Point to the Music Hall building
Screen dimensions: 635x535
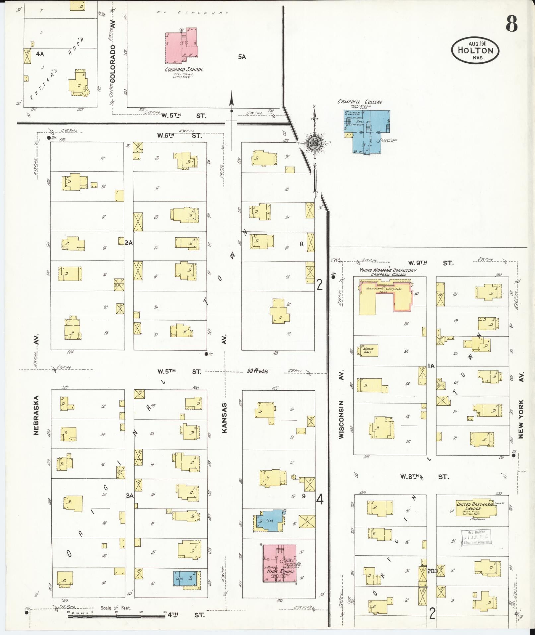point(368,351)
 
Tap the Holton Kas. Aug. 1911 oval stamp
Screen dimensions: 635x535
point(475,50)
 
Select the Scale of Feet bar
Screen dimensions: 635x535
point(116,616)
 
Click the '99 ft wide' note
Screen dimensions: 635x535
point(258,371)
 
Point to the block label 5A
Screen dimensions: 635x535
point(242,57)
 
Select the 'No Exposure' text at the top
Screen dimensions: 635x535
point(193,13)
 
